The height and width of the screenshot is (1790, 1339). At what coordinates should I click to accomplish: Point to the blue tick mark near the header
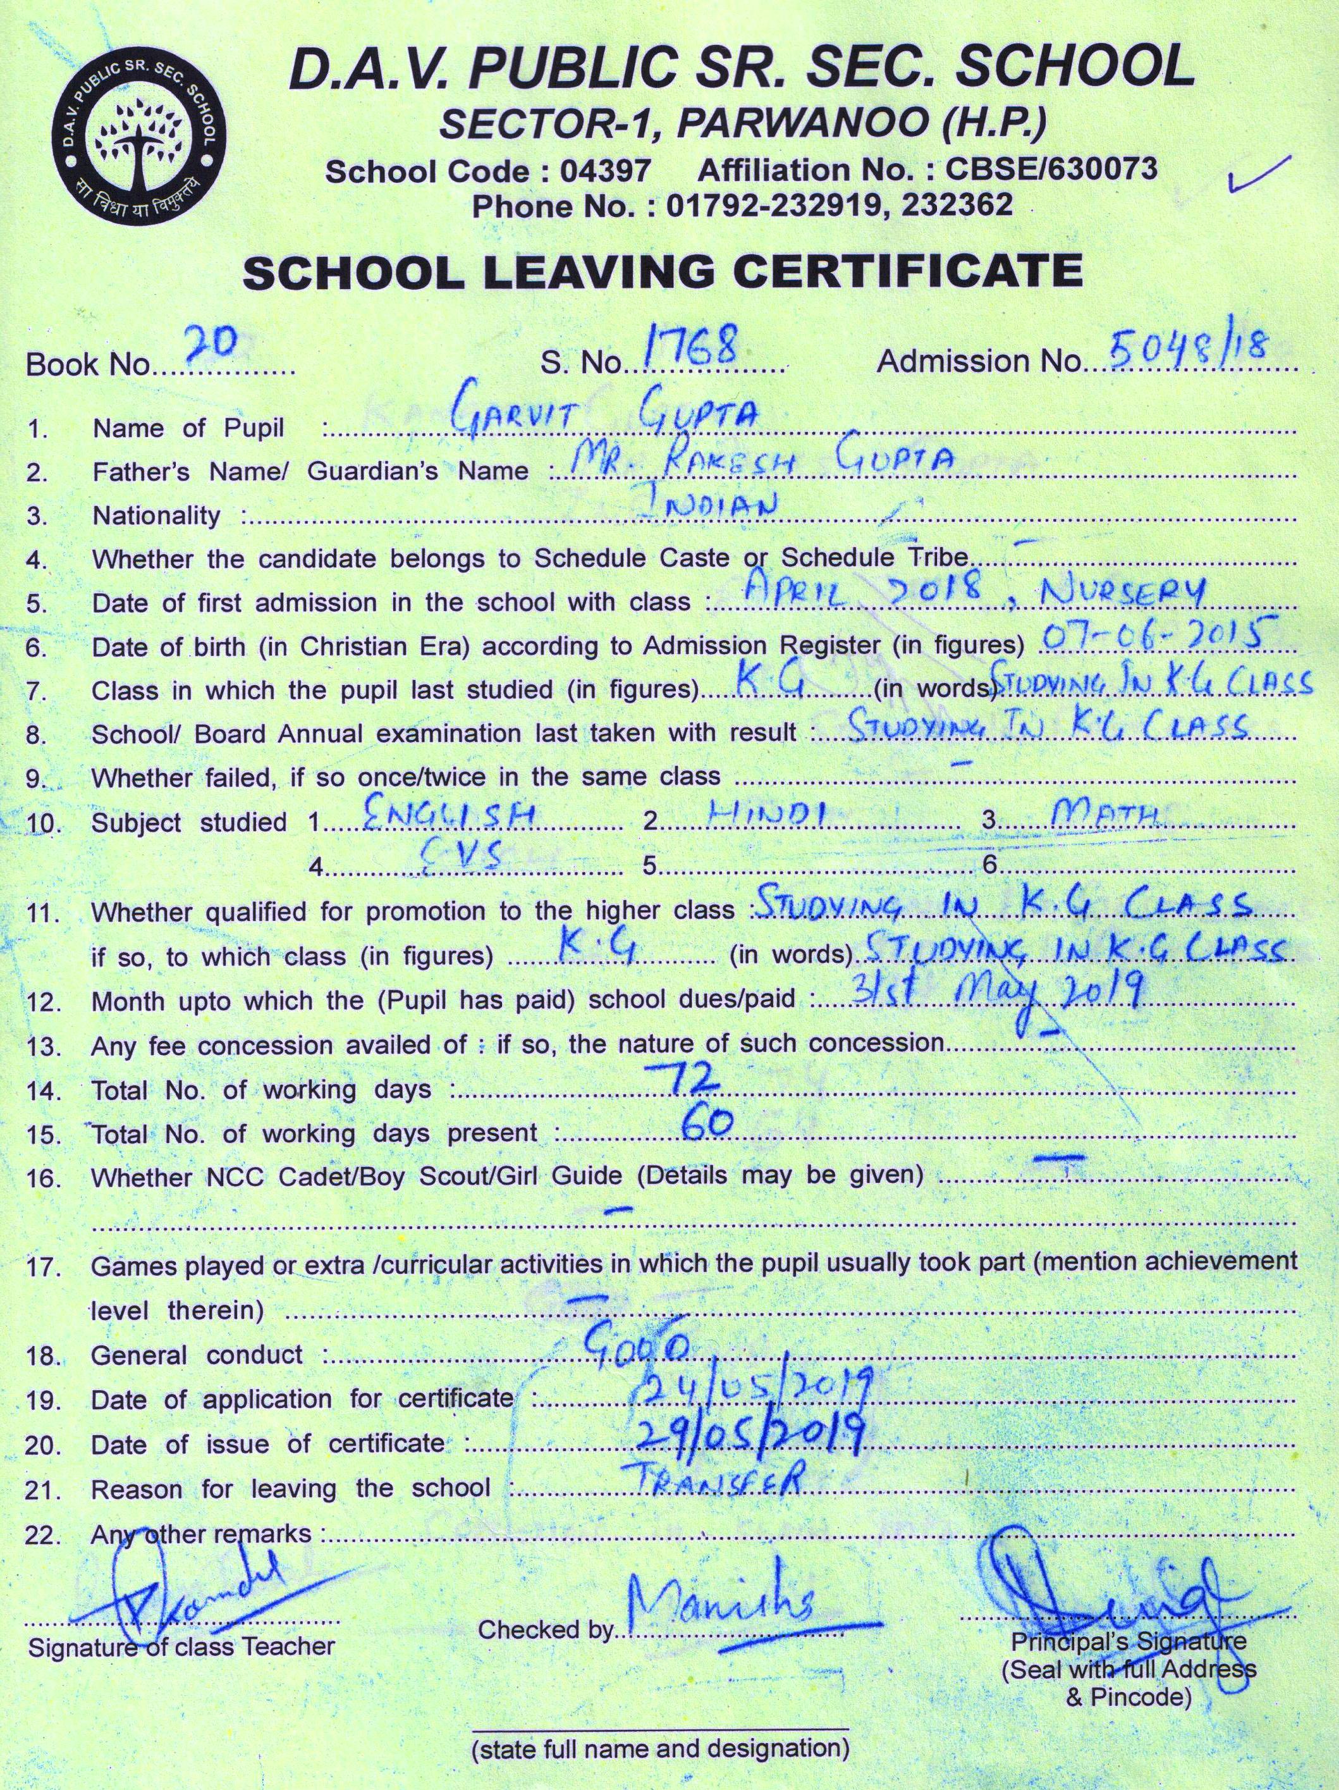(1256, 173)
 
